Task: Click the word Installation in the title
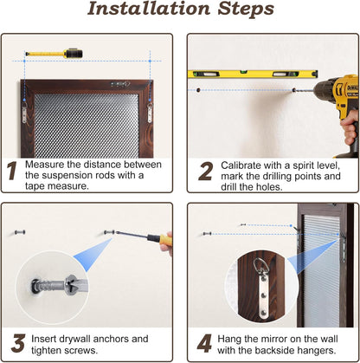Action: [149, 9]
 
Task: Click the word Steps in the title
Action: [246, 9]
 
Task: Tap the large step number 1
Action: [12, 171]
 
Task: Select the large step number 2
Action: [206, 172]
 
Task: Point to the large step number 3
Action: [18, 343]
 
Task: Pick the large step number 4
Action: [205, 344]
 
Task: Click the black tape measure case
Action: [74, 53]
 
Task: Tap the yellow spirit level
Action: [253, 75]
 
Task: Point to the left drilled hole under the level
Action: [198, 90]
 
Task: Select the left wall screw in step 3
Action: [20, 232]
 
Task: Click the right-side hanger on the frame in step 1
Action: [150, 111]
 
